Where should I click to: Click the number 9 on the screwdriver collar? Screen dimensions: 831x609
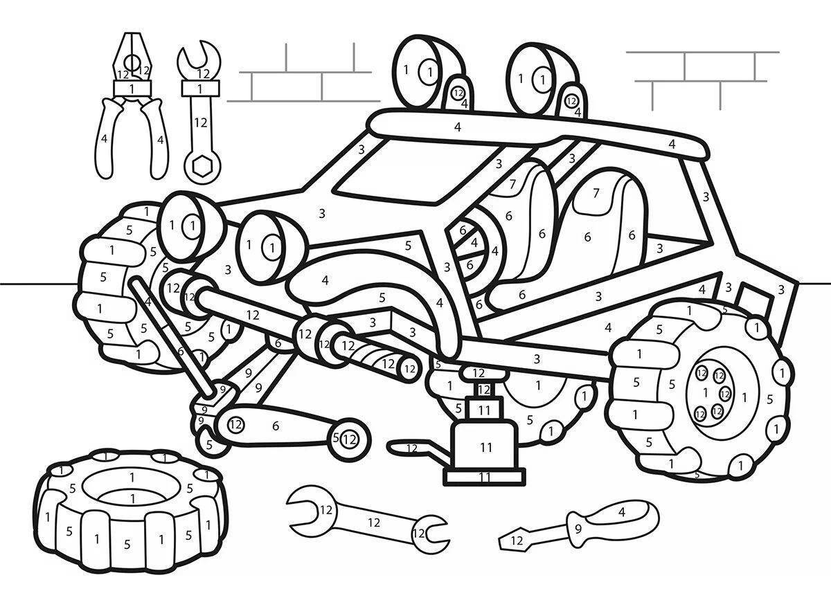coord(578,529)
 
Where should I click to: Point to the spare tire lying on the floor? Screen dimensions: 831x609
coord(132,509)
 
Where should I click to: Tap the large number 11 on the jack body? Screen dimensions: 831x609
coord(485,448)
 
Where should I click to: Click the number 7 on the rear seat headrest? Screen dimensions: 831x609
coord(596,193)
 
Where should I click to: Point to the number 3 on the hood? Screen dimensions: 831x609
coord(322,214)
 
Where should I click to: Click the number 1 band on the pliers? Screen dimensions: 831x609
coord(132,89)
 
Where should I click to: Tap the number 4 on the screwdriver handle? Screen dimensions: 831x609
coord(622,512)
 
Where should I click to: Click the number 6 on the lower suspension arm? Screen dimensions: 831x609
coord(276,426)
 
